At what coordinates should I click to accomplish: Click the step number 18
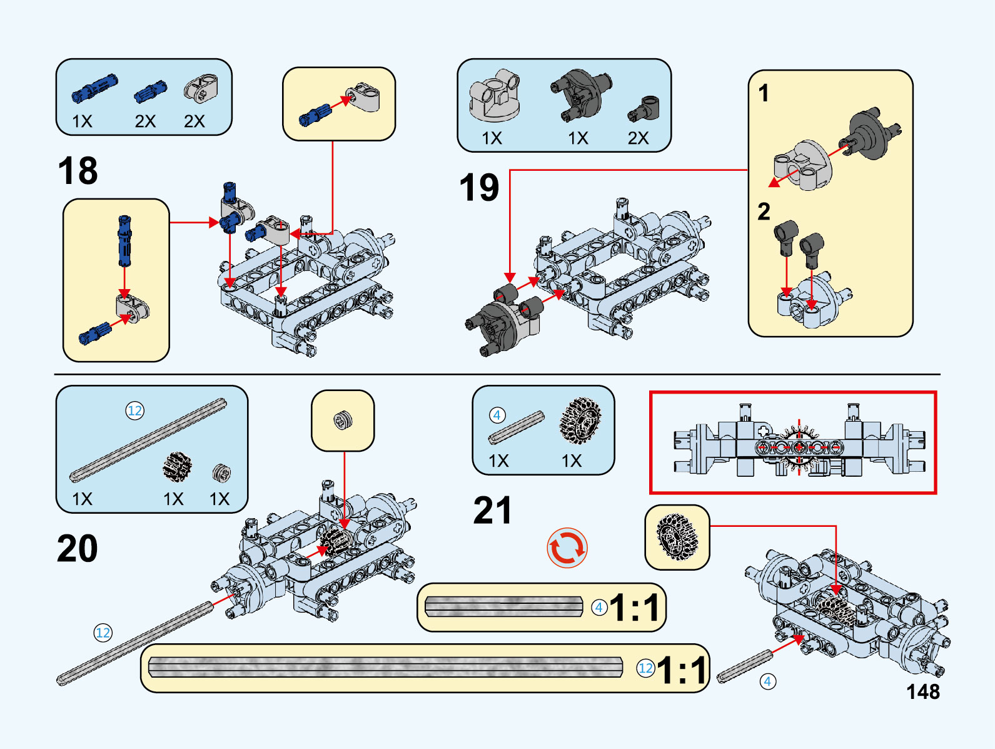(78, 171)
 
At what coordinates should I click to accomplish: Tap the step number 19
(479, 188)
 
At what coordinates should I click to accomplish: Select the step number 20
(77, 549)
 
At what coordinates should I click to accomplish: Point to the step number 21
(492, 511)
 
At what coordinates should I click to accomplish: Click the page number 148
(922, 691)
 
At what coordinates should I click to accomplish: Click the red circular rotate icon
(567, 548)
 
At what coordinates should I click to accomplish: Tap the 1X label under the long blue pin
(82, 121)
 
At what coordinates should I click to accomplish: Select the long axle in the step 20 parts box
(148, 440)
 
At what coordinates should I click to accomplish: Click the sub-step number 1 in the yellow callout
(764, 93)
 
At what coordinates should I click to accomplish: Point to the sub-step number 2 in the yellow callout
(764, 211)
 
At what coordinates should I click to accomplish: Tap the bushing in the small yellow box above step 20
(343, 420)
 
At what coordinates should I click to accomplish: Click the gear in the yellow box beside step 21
(676, 536)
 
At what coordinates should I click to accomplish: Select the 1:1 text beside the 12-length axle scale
(682, 670)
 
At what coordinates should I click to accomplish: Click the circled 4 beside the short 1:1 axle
(599, 607)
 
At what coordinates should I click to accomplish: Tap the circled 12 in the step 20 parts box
(134, 410)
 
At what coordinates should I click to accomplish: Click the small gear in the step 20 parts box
(178, 466)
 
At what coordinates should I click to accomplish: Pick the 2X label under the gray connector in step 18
(194, 121)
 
